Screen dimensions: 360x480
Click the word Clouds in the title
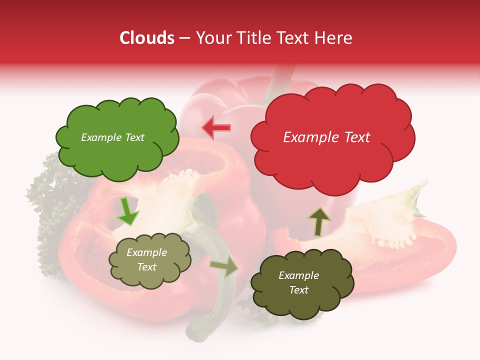pos(147,38)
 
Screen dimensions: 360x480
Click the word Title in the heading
pos(252,38)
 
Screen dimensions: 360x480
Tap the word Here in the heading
pos(334,38)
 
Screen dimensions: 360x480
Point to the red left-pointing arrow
pos(216,127)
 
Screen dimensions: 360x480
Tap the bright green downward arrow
pos(127,211)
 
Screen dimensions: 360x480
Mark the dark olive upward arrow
pos(319,221)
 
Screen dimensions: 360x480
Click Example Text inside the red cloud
pos(326,137)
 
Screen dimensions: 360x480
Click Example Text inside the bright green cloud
pos(112,137)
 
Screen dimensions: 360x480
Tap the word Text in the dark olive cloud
pos(298,290)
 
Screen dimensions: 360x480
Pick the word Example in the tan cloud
pos(146,252)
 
